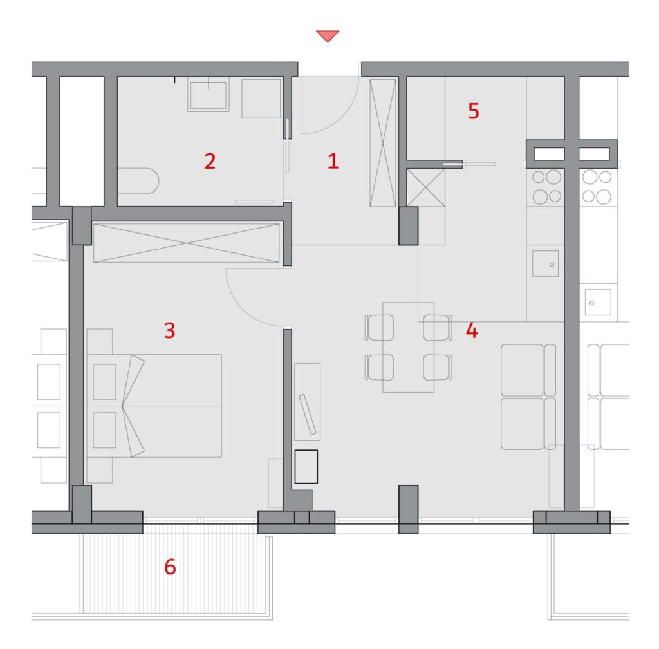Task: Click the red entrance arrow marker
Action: pos(328,35)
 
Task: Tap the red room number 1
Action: pos(333,161)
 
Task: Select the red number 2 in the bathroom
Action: pos(210,161)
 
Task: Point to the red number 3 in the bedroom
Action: pos(169,330)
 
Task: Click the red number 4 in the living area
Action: pos(472,330)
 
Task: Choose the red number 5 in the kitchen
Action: pos(473,111)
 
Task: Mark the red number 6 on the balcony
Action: pos(170,567)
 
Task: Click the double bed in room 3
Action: pos(154,406)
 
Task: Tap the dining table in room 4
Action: pos(408,347)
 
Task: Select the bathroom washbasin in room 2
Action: pos(209,95)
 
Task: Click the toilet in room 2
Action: pos(138,181)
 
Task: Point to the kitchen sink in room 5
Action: pos(546,264)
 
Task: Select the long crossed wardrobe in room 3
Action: pos(186,243)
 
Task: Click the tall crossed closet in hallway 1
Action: pos(383,143)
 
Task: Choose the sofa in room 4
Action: pos(528,397)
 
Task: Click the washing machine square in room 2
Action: pos(261,99)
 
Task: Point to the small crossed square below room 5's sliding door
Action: pos(426,187)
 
